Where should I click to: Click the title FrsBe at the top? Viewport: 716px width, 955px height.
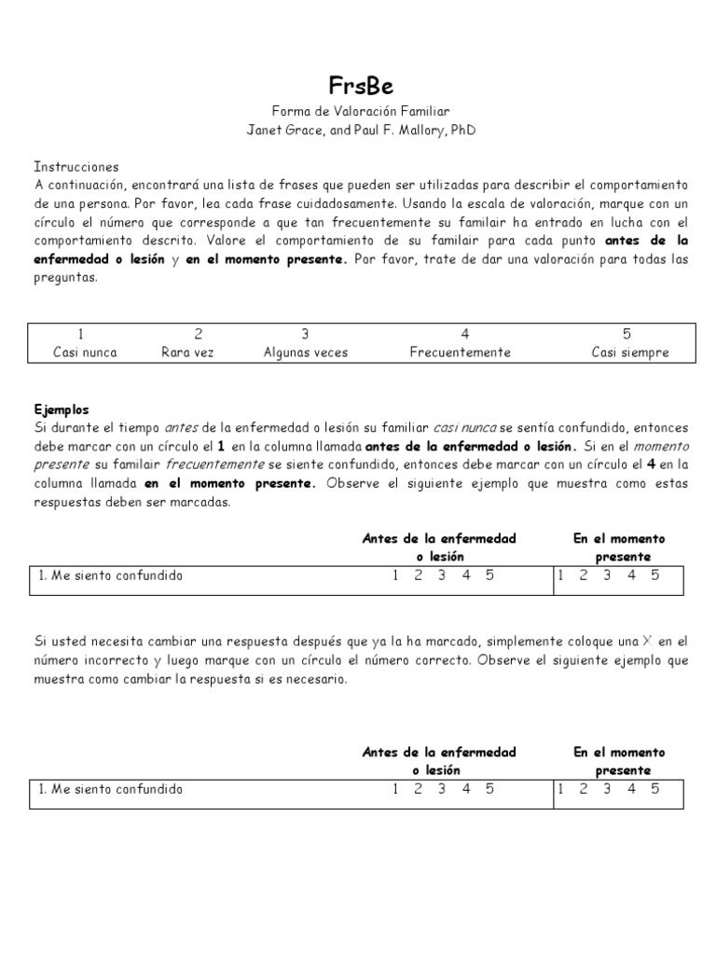(x=360, y=86)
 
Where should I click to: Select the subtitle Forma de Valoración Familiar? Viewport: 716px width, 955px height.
(x=360, y=111)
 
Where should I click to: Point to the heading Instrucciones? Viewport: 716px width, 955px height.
(x=76, y=166)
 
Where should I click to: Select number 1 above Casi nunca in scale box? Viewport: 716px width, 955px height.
(x=82, y=334)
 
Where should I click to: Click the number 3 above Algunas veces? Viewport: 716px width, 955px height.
(x=304, y=334)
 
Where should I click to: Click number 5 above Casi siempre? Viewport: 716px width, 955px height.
(x=626, y=334)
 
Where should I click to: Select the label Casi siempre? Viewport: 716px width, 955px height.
(x=630, y=353)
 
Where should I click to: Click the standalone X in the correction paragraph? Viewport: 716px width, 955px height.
(x=646, y=642)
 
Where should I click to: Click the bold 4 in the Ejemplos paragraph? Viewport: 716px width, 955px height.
(x=650, y=464)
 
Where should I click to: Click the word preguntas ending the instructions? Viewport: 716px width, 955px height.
(x=65, y=276)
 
